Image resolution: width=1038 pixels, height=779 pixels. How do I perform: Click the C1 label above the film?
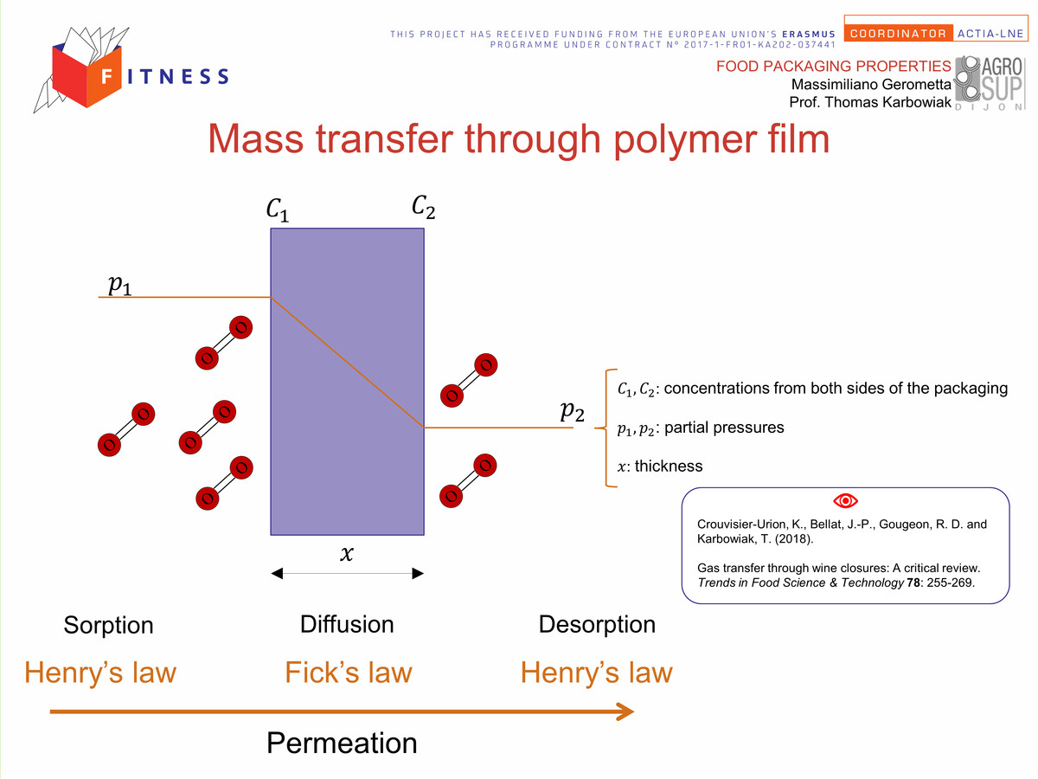(278, 209)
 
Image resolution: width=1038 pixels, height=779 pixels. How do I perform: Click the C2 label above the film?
(423, 207)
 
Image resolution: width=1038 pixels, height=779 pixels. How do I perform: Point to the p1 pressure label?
(119, 285)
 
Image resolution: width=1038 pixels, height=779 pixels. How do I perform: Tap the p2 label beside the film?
(573, 411)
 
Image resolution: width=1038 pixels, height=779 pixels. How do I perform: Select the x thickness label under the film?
(347, 553)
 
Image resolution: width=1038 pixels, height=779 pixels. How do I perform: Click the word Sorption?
(108, 625)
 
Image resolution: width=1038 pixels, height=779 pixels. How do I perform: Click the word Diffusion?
(347, 624)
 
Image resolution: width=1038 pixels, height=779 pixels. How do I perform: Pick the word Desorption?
(597, 624)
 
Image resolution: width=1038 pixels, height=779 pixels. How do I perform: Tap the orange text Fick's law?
(349, 673)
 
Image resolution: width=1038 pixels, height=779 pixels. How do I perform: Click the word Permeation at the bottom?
(342, 743)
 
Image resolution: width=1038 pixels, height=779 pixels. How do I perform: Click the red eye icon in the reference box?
(845, 500)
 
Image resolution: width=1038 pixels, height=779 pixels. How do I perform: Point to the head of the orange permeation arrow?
(633, 711)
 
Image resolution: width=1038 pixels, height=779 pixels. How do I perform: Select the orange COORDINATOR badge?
(898, 34)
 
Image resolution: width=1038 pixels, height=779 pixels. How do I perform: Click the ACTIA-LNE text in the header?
(990, 34)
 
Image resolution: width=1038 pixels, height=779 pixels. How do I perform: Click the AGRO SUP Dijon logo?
(990, 84)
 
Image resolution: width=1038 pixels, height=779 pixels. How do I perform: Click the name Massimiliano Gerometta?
(871, 84)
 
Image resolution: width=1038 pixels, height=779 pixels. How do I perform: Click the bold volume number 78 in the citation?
(913, 583)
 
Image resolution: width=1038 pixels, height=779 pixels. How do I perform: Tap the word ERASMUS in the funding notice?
(809, 34)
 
